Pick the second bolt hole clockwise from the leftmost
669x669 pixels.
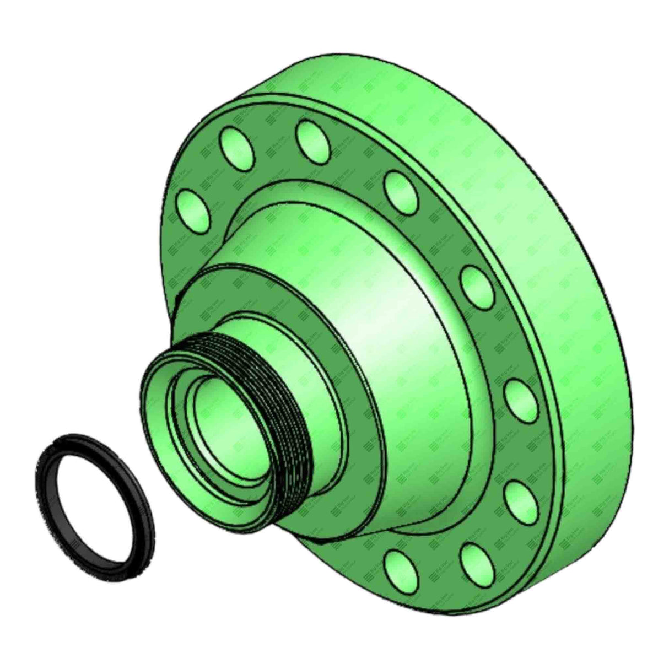(237, 146)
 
